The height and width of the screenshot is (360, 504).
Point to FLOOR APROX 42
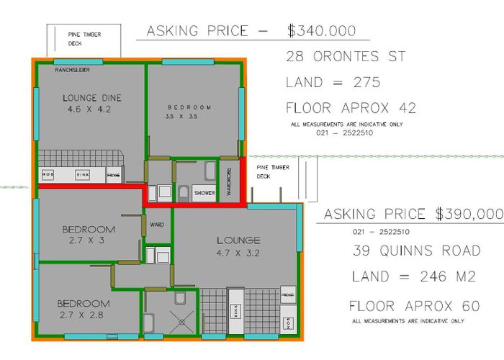(x=351, y=108)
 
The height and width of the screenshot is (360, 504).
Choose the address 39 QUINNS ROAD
(x=416, y=251)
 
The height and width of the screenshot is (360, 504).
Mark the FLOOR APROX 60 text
(x=414, y=306)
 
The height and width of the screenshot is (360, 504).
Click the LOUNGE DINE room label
(x=91, y=99)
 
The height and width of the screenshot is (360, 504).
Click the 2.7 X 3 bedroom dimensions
(x=82, y=240)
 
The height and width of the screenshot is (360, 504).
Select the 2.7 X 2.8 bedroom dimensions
(x=83, y=315)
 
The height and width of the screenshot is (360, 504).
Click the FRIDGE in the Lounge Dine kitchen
(x=114, y=175)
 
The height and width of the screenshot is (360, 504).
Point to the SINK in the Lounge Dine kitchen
(x=83, y=175)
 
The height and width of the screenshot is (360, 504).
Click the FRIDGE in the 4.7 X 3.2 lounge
(x=287, y=296)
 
